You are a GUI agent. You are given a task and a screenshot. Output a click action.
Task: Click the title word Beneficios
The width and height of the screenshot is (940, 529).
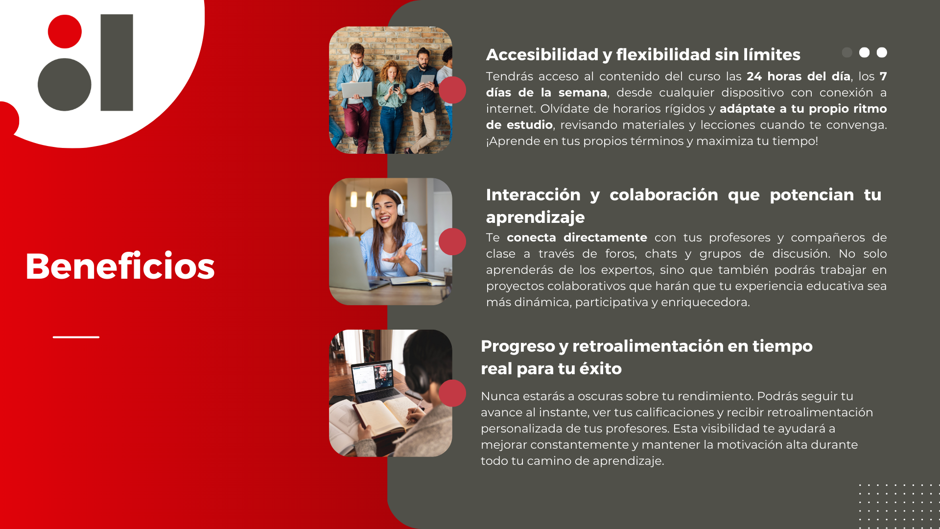coord(120,266)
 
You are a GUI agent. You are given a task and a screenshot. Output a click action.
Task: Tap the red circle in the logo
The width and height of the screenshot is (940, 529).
coord(65,31)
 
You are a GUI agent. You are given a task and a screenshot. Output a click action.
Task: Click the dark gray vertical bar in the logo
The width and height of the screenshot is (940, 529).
coord(117,63)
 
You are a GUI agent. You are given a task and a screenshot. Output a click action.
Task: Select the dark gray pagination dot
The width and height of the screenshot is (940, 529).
coord(847,52)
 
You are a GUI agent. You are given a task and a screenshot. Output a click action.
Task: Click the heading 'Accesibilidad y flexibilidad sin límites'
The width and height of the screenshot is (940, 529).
coord(643,54)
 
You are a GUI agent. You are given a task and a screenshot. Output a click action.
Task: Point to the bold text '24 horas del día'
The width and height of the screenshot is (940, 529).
coord(798,76)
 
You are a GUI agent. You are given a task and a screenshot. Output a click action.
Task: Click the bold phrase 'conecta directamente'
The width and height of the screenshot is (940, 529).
coord(577,238)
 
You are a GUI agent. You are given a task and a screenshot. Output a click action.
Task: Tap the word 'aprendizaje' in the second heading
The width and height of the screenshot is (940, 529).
coord(535,217)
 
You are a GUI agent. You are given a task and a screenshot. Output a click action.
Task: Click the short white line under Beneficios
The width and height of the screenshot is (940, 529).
coord(76,337)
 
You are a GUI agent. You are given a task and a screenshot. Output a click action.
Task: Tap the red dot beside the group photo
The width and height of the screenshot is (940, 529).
coord(452,90)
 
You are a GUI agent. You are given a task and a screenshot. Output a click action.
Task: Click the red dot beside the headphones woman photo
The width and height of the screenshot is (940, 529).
coord(452,241)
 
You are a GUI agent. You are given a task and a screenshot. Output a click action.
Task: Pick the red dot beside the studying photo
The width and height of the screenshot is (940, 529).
coord(452,393)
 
